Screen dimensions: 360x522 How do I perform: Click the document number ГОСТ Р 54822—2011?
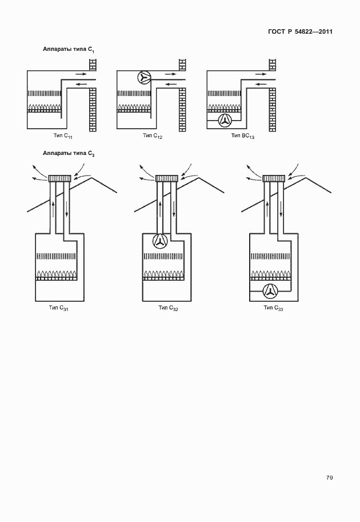click(x=300, y=31)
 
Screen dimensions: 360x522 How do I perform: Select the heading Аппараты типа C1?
click(x=69, y=50)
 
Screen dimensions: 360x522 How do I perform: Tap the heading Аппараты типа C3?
click(x=69, y=153)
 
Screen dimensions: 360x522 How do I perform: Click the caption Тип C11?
click(x=63, y=136)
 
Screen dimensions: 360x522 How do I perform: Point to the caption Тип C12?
click(x=153, y=136)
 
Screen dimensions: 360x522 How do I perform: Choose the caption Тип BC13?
click(x=243, y=136)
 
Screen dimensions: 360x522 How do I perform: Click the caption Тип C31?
click(x=58, y=308)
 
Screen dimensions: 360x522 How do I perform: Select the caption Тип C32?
click(x=169, y=308)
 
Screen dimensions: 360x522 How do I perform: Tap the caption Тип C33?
click(x=274, y=308)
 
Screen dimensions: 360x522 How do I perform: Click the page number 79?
click(x=329, y=478)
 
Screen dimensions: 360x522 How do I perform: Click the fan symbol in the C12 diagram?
click(x=144, y=78)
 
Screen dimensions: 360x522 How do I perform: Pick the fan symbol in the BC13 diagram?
click(x=225, y=121)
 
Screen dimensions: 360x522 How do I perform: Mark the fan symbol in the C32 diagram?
click(x=160, y=241)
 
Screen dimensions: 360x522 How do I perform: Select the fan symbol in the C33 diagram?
click(x=270, y=291)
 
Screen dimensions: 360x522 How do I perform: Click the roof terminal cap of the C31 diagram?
click(x=59, y=178)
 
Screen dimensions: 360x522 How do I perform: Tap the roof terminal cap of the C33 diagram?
click(x=274, y=178)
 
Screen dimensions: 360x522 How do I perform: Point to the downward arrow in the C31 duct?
click(x=66, y=209)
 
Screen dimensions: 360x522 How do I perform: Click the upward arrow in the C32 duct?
click(x=160, y=209)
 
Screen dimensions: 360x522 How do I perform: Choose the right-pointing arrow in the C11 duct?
click(x=81, y=74)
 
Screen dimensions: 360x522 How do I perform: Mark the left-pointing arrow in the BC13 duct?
click(x=261, y=84)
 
